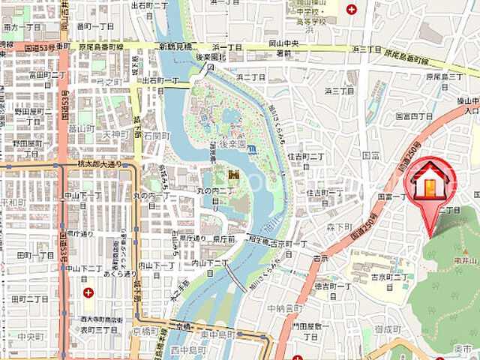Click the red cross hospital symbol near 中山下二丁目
[89, 292]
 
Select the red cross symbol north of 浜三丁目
[352, 8]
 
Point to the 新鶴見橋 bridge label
[177, 46]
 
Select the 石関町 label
[157, 136]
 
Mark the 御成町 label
[390, 328]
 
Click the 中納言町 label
[284, 308]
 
